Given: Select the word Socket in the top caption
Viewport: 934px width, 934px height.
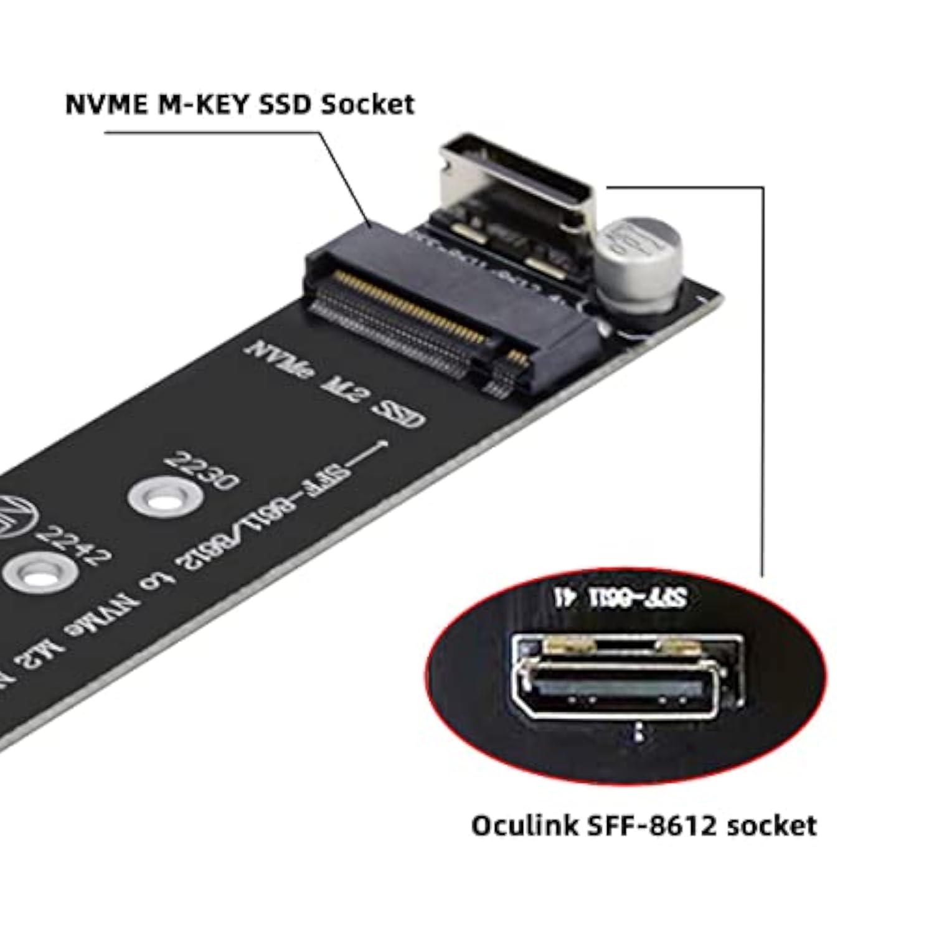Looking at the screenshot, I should coord(367,105).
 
